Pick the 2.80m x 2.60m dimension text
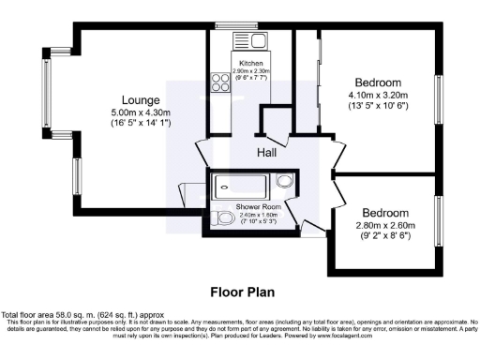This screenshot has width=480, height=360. pyautogui.click(x=385, y=226)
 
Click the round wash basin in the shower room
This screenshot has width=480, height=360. pyautogui.click(x=284, y=182)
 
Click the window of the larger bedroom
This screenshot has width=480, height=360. pyautogui.click(x=438, y=97)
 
